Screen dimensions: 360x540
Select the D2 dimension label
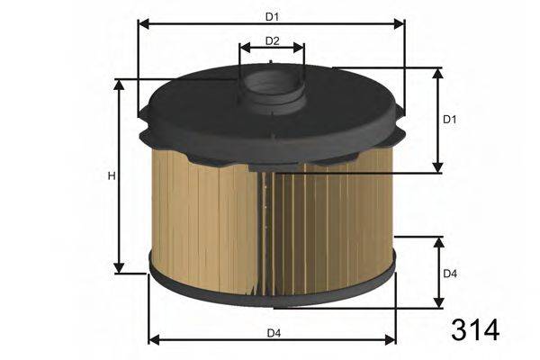[273, 40]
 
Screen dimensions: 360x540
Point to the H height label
[112, 175]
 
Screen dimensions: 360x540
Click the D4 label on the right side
[451, 273]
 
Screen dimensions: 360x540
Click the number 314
[473, 329]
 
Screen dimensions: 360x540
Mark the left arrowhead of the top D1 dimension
[142, 23]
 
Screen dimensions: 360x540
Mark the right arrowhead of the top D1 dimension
[400, 23]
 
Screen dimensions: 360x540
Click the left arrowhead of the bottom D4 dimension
[152, 340]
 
